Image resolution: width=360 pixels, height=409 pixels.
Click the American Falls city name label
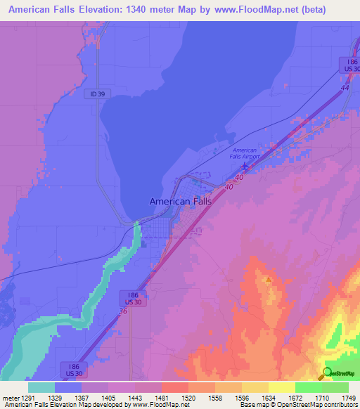[180, 201]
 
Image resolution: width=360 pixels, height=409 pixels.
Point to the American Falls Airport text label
[245, 153]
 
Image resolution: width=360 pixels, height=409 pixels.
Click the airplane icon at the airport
[245, 166]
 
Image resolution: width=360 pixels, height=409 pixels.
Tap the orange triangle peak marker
[268, 278]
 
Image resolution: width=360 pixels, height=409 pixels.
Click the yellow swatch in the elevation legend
[281, 387]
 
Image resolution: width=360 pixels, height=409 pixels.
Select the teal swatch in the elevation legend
[41, 387]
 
